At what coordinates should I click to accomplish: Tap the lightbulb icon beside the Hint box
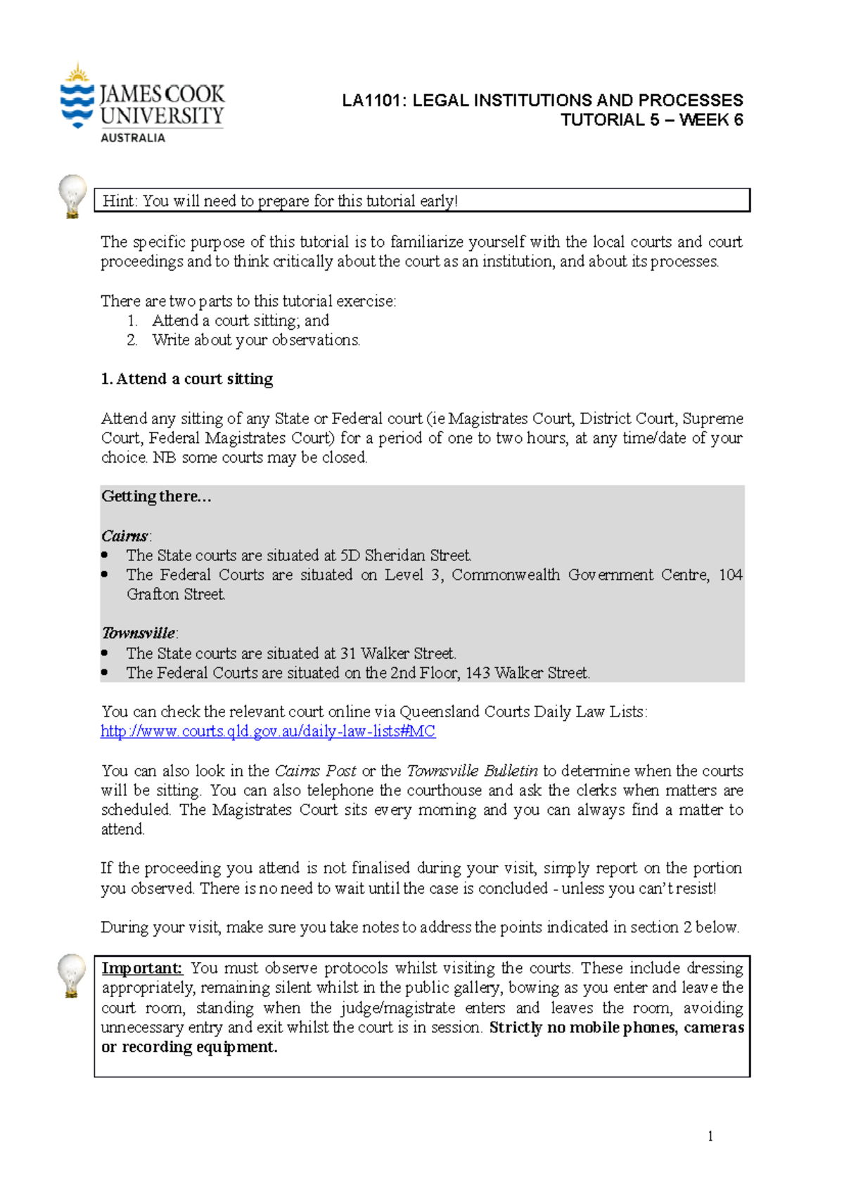[72, 196]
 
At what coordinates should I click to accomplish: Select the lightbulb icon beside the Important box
[72, 975]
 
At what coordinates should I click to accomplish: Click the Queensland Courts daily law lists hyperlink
[268, 731]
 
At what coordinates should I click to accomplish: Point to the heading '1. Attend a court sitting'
[186, 379]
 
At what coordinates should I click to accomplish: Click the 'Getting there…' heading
[156, 496]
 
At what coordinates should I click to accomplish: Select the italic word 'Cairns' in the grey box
[124, 536]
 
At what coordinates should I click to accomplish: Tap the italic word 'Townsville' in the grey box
[138, 633]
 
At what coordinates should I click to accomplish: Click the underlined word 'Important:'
[141, 968]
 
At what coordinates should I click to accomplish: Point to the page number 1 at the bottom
[710, 1136]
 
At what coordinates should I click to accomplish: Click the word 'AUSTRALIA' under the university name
[133, 138]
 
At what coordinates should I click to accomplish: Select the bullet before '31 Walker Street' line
[105, 653]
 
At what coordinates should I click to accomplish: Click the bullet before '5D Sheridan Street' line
[105, 556]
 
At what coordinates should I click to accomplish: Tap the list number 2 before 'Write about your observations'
[132, 340]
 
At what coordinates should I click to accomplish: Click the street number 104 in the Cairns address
[730, 575]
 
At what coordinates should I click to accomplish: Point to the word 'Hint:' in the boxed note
[120, 201]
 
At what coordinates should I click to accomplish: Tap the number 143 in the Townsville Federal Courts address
[477, 673]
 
